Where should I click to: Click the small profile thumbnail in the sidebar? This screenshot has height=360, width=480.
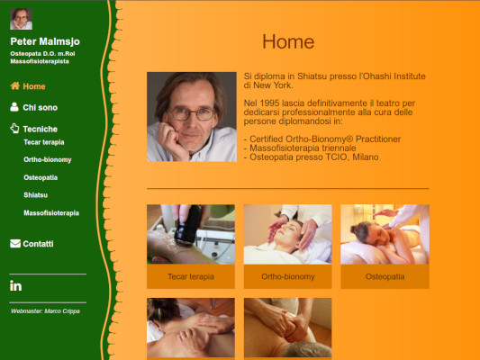click(21, 19)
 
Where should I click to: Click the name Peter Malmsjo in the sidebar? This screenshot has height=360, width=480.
click(45, 41)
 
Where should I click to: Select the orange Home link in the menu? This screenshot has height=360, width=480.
click(34, 86)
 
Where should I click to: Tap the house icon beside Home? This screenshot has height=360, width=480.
click(15, 85)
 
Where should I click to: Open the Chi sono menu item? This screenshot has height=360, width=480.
click(41, 108)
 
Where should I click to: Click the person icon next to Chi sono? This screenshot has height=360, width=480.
click(14, 107)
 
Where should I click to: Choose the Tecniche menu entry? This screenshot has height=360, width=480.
click(41, 129)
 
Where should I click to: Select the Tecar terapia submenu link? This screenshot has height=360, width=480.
click(44, 142)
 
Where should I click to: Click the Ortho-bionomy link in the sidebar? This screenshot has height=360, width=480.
click(48, 159)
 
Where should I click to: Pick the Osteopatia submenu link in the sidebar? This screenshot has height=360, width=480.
click(41, 177)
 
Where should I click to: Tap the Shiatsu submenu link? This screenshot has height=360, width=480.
click(35, 195)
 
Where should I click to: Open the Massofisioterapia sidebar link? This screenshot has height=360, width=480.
click(51, 213)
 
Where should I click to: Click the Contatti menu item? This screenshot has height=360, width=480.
click(38, 244)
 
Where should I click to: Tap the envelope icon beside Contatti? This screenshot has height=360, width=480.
click(15, 244)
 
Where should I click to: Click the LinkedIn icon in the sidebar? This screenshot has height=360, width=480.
click(16, 286)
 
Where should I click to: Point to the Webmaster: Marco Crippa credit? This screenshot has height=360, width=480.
click(45, 311)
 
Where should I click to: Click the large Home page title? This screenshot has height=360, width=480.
click(288, 41)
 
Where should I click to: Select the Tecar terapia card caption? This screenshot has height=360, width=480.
click(191, 277)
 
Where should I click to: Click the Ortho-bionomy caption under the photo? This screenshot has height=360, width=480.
click(288, 277)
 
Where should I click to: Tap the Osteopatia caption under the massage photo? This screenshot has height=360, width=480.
click(385, 277)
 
